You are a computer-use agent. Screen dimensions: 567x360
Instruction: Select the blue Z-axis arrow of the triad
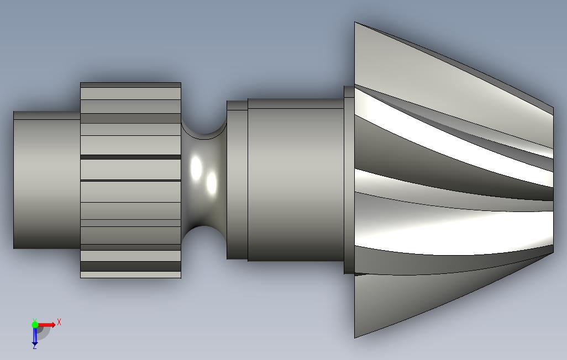[35, 335]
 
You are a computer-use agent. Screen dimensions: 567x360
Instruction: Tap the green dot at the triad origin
[35, 325]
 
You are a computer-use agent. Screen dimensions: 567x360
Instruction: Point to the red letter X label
[59, 322]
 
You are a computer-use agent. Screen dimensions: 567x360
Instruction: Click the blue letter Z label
[34, 347]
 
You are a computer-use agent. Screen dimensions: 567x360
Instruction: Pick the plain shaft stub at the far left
[46, 180]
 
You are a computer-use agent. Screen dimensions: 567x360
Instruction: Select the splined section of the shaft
[130, 181]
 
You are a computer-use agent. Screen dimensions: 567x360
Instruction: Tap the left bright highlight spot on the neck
[196, 168]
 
